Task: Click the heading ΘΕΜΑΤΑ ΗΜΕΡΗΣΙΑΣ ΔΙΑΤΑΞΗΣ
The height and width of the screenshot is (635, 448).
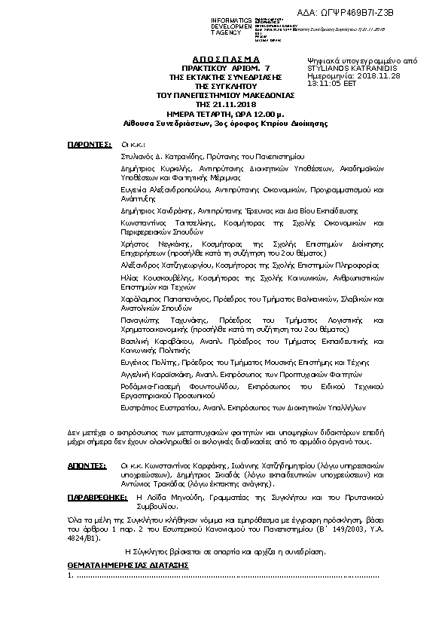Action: (128, 564)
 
